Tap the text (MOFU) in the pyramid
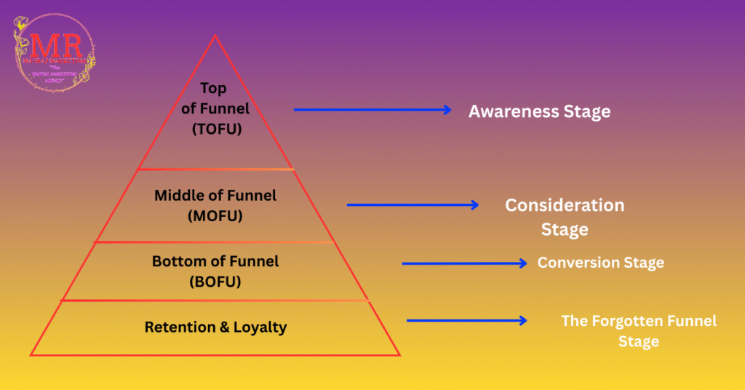(215, 216)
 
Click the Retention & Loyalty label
(215, 327)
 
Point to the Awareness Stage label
(539, 111)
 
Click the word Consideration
(565, 205)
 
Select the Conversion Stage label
(600, 263)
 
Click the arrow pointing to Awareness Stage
(372, 110)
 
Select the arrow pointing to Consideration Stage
(413, 205)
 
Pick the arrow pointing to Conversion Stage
(464, 263)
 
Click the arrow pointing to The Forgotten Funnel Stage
(466, 320)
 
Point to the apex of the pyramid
(214, 36)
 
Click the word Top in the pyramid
(214, 89)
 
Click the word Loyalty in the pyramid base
(260, 327)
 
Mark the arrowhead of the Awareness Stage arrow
(448, 110)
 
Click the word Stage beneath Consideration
(565, 229)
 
